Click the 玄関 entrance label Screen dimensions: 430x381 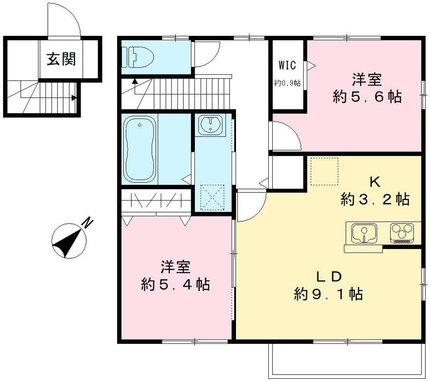(x=61, y=59)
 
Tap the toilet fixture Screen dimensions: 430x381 (x=138, y=57)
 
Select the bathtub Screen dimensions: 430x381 (x=140, y=149)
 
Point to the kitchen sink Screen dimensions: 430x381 (x=364, y=234)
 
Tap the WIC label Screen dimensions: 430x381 (x=288, y=65)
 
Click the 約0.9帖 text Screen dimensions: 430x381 (x=288, y=83)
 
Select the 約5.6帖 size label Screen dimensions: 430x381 (x=367, y=97)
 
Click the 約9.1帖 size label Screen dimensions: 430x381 (x=328, y=294)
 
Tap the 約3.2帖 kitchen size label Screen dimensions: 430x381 (x=375, y=199)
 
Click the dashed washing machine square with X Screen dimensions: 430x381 (x=212, y=198)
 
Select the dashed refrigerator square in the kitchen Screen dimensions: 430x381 (x=324, y=171)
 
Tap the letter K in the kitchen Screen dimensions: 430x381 (x=375, y=182)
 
